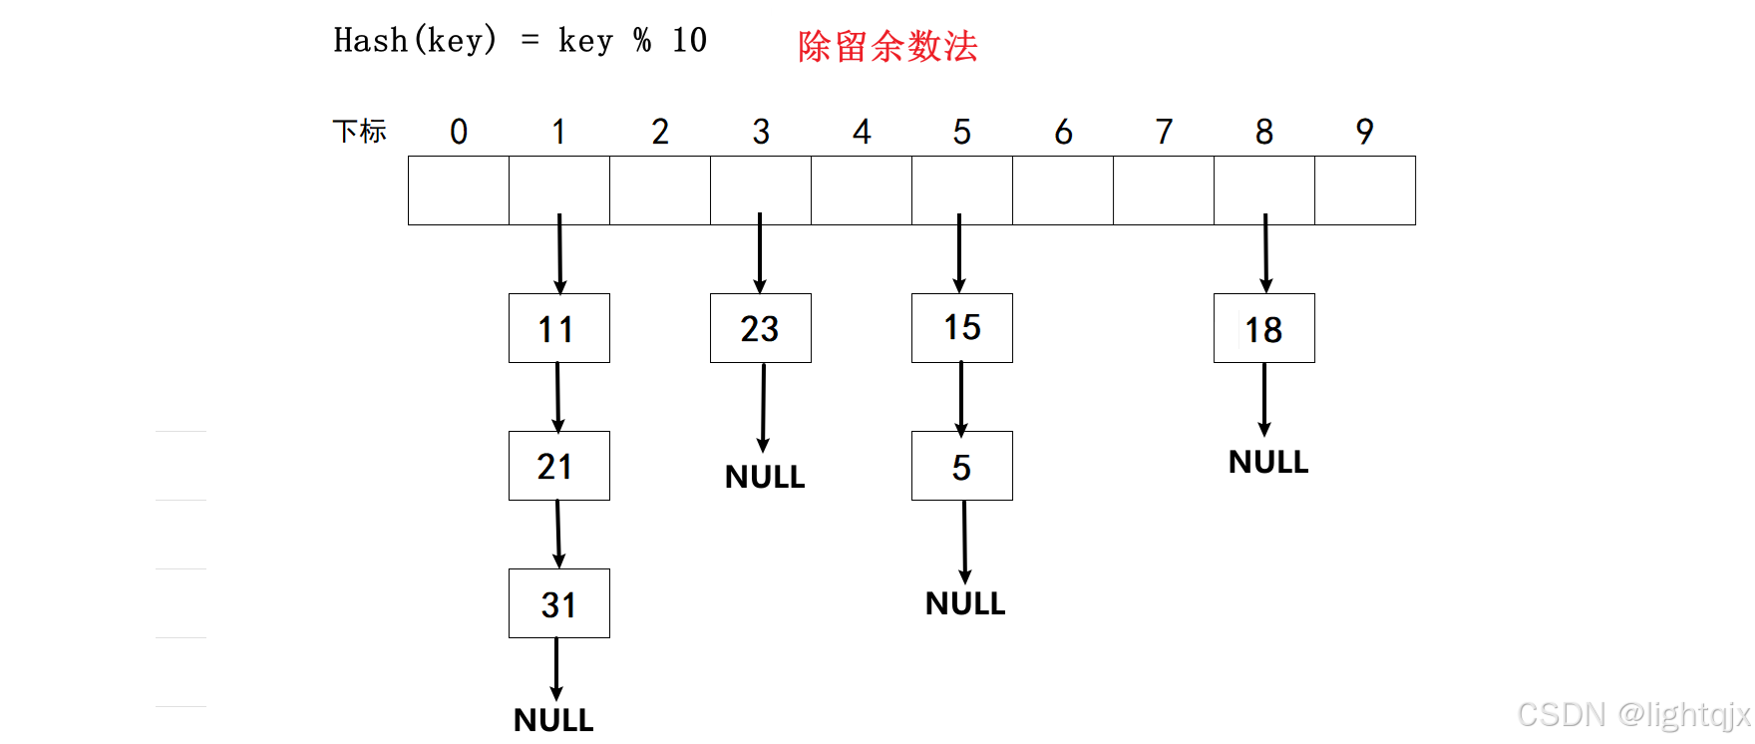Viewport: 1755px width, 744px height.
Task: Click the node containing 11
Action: pos(559,328)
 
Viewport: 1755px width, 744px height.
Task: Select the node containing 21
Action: pos(559,466)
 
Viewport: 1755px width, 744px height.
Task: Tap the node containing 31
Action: pos(559,603)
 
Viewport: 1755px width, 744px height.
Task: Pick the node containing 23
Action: pos(761,328)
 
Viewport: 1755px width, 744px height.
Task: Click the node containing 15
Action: pos(962,328)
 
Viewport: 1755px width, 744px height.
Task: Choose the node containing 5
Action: pos(962,466)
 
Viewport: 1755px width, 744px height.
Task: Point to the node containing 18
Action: pos(1264,328)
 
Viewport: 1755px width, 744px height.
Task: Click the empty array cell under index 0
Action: pos(459,190)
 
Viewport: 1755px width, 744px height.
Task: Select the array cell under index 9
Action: pos(1365,190)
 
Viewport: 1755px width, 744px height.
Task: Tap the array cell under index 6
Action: pos(1063,190)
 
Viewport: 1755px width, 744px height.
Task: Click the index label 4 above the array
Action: pos(862,132)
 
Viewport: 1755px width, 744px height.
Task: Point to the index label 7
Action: pos(1164,132)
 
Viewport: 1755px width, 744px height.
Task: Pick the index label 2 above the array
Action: pos(660,132)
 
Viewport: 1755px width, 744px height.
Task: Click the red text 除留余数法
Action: pos(887,46)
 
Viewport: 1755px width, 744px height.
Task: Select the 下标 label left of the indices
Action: pos(359,132)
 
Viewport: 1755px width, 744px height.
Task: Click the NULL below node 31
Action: pos(553,720)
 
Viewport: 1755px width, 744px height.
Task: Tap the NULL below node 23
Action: pos(765,477)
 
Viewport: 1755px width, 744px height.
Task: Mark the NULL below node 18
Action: pos(1268,462)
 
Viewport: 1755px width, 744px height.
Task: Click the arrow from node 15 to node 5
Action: pos(961,399)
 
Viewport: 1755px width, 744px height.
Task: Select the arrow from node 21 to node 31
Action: pos(558,535)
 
